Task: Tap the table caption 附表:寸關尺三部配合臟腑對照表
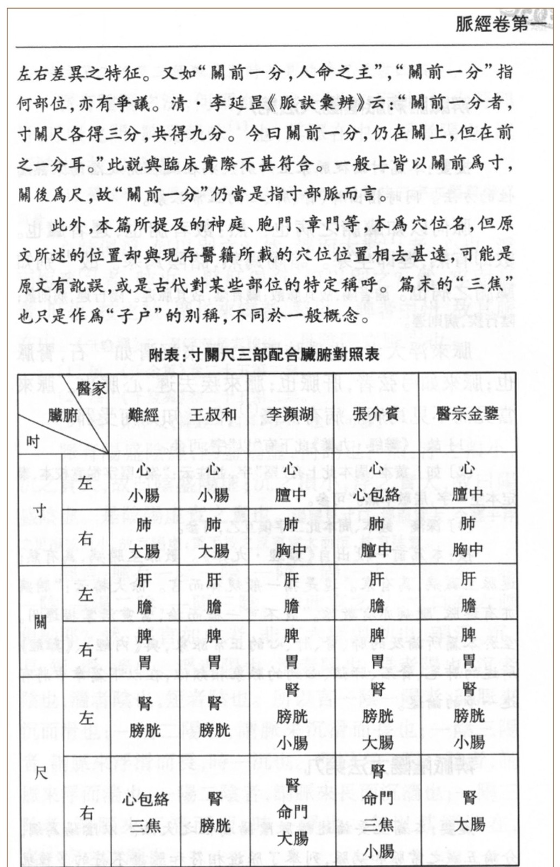coord(264,355)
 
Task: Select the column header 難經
coord(144,415)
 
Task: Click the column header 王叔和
coord(213,415)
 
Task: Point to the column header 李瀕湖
coord(291,415)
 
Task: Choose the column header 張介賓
coord(376,414)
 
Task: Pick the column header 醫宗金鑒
coord(467,414)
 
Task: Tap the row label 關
coord(40,621)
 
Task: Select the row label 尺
coord(41,773)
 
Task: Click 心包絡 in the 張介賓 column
coord(376,495)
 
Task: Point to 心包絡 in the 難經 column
coord(145,799)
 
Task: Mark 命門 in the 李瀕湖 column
coord(292,812)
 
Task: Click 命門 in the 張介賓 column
coord(377,798)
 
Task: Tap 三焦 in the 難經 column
coord(145,825)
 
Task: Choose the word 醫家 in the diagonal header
coord(91,389)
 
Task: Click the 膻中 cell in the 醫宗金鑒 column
coord(467,494)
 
